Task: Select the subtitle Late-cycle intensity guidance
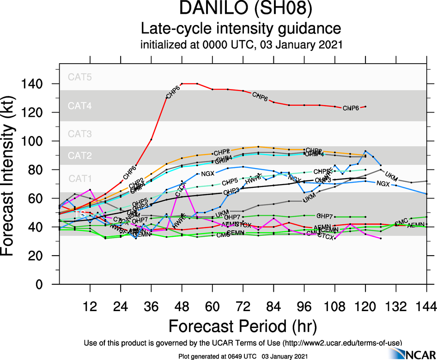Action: click(241, 29)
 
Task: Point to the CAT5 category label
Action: click(80, 77)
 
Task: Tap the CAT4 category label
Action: click(80, 106)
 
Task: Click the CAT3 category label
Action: click(80, 134)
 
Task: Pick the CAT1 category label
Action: click(80, 178)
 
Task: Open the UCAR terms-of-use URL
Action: click(342, 343)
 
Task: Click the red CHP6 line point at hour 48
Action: click(182, 84)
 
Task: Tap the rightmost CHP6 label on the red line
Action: click(351, 108)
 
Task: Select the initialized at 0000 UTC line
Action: click(241, 45)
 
